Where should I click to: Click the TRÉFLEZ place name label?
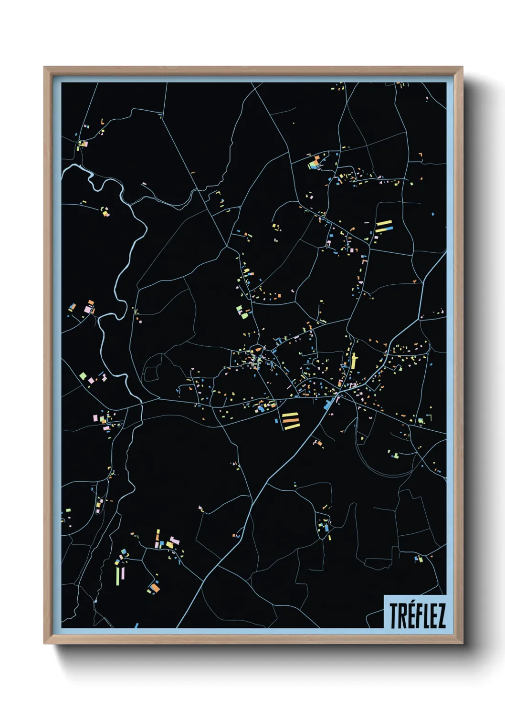coord(417,615)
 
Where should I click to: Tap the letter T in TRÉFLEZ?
coord(394,615)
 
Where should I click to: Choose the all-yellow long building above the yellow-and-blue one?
coord(384,223)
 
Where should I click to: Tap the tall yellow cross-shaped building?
coord(354,361)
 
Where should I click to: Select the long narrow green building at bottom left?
coord(117,575)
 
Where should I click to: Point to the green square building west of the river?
coord(83,376)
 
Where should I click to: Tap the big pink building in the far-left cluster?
coord(88,309)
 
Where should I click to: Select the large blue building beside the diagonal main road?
coord(328,405)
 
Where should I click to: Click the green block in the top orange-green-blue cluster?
coord(313,166)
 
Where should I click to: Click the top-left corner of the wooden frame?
coord(44,67)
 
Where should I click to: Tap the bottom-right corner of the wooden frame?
coord(462,643)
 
